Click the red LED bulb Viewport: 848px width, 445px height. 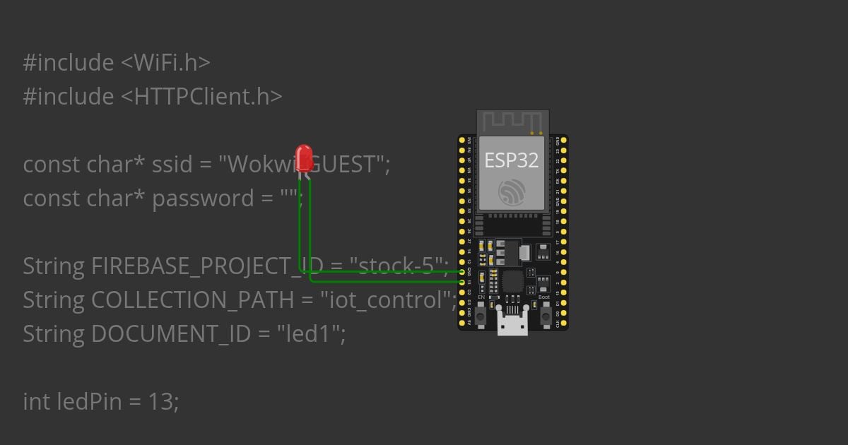coord(304,158)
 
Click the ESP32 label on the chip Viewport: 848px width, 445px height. coord(511,160)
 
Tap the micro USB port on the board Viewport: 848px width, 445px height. coord(512,324)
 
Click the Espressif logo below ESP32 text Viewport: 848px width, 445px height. coord(511,192)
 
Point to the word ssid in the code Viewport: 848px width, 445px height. coord(173,164)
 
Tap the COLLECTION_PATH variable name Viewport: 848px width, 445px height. coord(192,299)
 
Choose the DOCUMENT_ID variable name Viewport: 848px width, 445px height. coord(171,333)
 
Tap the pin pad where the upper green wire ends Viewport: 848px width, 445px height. coord(462,271)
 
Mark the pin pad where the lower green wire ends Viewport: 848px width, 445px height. coord(462,282)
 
